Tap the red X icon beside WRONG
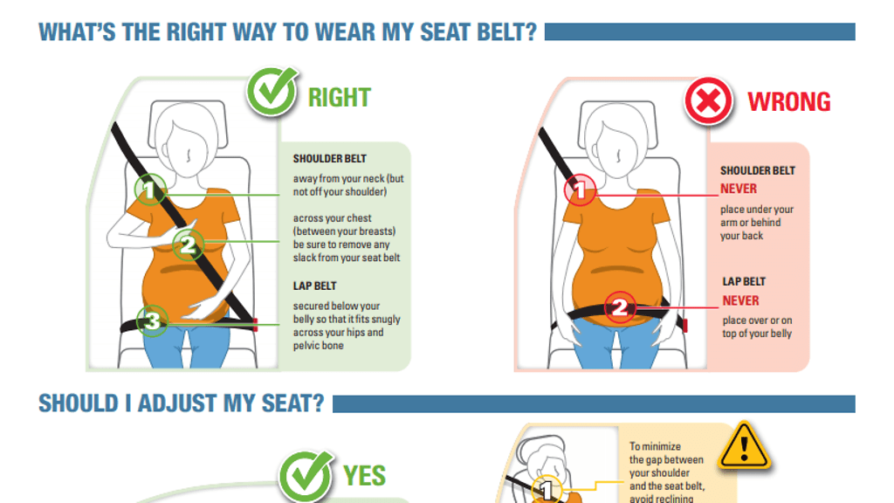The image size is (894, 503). click(708, 101)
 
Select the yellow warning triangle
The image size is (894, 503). click(744, 446)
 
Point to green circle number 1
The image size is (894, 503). click(150, 189)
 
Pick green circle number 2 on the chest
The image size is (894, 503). click(189, 245)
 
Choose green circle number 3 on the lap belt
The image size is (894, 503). click(152, 320)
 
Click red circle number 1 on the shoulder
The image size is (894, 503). click(580, 189)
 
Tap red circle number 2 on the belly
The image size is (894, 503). click(620, 307)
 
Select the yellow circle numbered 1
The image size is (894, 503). click(547, 489)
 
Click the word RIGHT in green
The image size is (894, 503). click(340, 98)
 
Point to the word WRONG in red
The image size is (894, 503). click(789, 101)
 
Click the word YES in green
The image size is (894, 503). click(364, 476)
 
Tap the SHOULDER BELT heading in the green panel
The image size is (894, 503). click(329, 159)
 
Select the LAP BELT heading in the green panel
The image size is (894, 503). click(314, 286)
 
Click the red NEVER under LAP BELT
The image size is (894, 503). click(740, 300)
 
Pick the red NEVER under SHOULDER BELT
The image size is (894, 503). click(739, 189)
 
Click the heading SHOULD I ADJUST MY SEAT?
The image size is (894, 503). click(182, 403)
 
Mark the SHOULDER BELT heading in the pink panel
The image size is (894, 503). click(758, 170)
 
